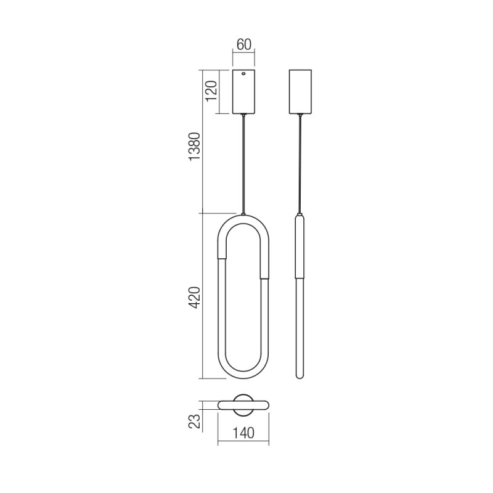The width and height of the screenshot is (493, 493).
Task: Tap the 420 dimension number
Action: (x=195, y=296)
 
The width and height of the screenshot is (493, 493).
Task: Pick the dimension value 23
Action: (x=195, y=421)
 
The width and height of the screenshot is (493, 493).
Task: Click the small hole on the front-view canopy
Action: (x=245, y=74)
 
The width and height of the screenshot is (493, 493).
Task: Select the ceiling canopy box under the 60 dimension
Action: (x=245, y=92)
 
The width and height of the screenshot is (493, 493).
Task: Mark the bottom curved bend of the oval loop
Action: (x=245, y=373)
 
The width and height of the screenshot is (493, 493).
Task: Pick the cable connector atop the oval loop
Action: (x=245, y=213)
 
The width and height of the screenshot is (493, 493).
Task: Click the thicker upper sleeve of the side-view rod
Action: (x=301, y=246)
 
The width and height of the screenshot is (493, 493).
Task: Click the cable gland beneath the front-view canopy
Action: (x=245, y=115)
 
